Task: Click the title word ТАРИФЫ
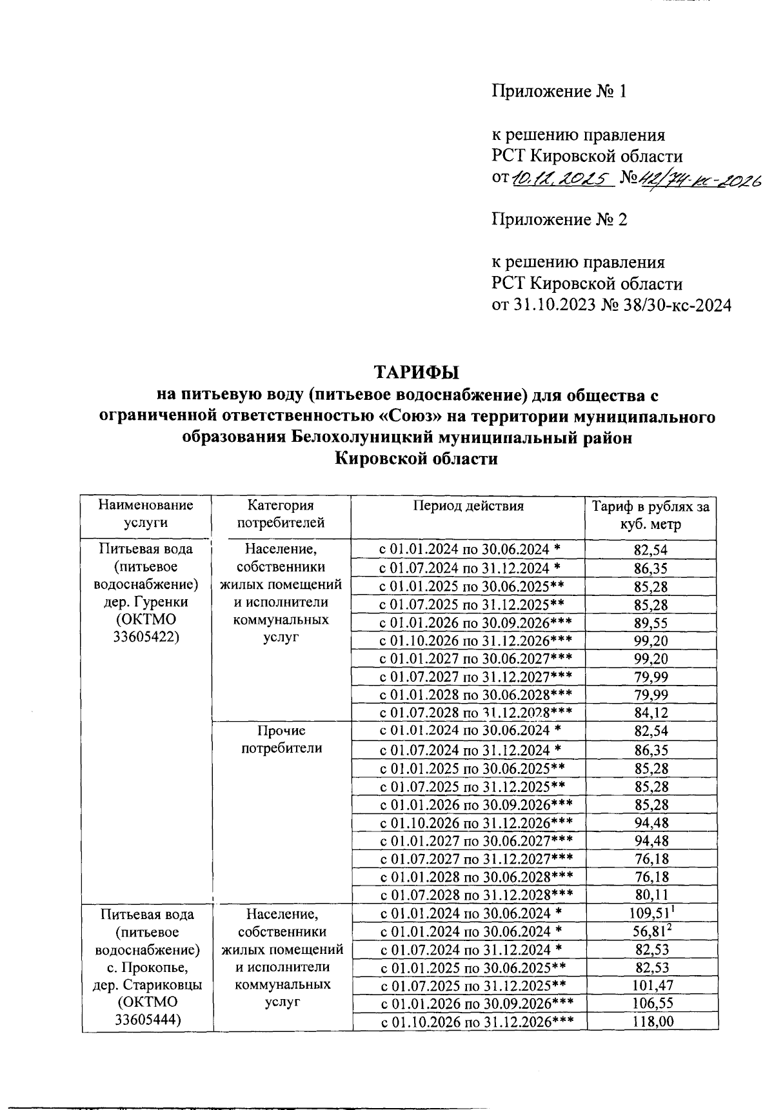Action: [x=417, y=373]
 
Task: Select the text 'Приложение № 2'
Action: [x=559, y=219]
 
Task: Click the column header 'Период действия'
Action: [x=468, y=506]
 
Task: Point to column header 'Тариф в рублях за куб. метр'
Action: [x=651, y=515]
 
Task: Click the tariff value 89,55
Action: [x=651, y=623]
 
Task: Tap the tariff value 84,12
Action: [x=651, y=713]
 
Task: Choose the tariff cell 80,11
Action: [x=651, y=895]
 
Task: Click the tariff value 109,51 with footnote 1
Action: [x=651, y=913]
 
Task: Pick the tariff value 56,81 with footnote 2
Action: [x=651, y=931]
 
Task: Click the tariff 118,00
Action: [x=651, y=1022]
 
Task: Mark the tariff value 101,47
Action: [x=651, y=986]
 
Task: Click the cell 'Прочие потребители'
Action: [x=281, y=739]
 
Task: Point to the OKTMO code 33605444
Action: [x=146, y=1021]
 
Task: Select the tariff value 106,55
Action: [x=651, y=1004]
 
